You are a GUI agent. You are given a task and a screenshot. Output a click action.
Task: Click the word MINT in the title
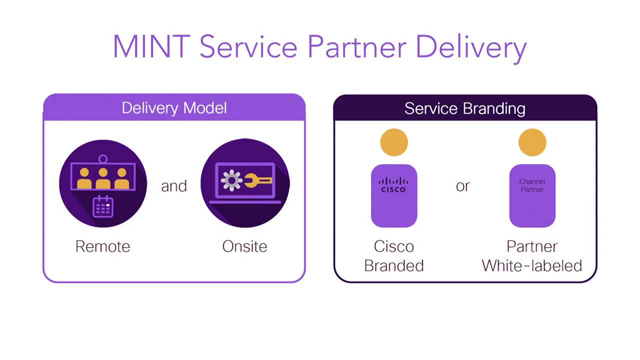pos(150,47)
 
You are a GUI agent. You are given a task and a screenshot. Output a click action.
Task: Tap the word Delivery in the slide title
pos(471,47)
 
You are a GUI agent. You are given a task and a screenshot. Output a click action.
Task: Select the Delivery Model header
pos(174,108)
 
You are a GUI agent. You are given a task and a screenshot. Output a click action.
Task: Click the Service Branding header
pos(465,108)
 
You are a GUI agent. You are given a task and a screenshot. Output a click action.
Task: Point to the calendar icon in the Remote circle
pos(103,206)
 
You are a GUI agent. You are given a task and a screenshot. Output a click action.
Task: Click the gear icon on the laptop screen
pos(231,180)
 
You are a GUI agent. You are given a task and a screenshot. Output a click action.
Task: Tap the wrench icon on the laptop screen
pos(258,181)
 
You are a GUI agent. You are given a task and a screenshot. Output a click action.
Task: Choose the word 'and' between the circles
pos(174,186)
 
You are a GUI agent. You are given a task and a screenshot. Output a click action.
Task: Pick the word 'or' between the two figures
pos(463,186)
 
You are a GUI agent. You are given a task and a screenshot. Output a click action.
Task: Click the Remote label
pos(102,246)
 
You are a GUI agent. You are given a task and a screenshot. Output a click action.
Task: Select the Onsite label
pos(244,246)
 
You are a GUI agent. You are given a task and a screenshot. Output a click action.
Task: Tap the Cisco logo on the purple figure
pos(393,184)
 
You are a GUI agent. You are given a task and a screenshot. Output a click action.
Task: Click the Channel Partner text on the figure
pos(532,185)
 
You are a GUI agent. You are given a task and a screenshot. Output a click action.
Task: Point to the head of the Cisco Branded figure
pos(394,142)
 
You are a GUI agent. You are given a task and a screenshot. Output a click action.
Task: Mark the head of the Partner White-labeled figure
pos(532,142)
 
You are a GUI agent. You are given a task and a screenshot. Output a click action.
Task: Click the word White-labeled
pos(532,265)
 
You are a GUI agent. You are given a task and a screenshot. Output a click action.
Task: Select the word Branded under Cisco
pos(394,265)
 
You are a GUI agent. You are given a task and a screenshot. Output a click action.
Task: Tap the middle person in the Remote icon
pos(103,178)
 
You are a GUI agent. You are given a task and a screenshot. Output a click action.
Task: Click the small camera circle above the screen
pos(103,159)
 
